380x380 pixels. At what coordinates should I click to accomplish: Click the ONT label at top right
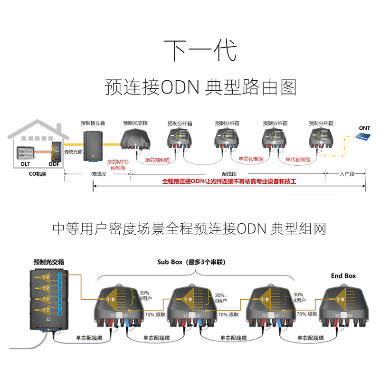click(x=364, y=128)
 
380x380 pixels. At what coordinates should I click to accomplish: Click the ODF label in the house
click(x=54, y=163)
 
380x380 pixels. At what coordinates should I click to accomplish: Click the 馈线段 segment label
click(x=98, y=174)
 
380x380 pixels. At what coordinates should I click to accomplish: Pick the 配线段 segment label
click(x=229, y=174)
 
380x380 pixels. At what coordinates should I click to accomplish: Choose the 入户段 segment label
click(x=346, y=174)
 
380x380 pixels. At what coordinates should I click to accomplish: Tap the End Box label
click(x=343, y=275)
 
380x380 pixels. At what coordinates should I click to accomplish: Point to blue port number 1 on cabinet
click(x=60, y=275)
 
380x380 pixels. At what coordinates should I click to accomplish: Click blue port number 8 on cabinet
click(x=60, y=313)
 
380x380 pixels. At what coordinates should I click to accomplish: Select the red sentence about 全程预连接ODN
click(x=229, y=182)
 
